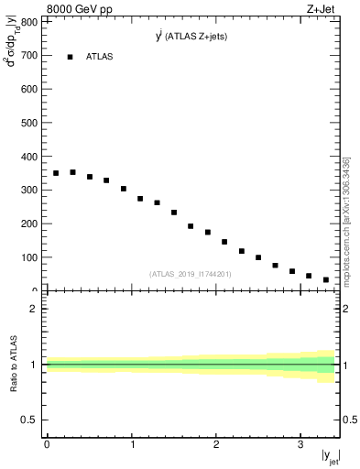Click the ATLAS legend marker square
(x=71, y=57)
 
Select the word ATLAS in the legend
(x=100, y=57)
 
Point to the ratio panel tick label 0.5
(x=28, y=420)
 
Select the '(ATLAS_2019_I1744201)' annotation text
(x=190, y=274)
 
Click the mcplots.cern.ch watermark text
(x=346, y=220)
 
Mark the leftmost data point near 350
(x=56, y=173)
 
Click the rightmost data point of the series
(x=326, y=279)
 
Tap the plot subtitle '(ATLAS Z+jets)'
(x=197, y=37)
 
